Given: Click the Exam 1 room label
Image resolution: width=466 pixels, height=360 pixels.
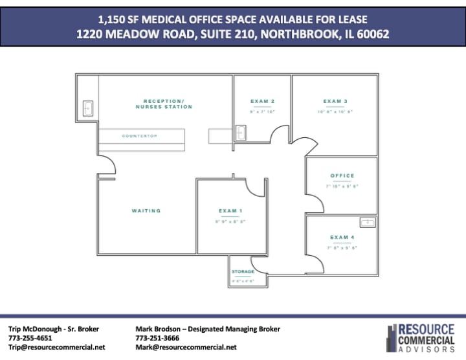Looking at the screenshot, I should point(231,211).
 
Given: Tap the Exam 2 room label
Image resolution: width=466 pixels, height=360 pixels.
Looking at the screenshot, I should point(263,102).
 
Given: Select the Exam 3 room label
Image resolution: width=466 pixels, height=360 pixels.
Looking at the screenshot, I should point(335,102).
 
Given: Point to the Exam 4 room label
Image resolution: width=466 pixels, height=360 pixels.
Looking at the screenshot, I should point(342,238).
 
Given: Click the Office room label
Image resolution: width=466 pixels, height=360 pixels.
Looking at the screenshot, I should point(342,176).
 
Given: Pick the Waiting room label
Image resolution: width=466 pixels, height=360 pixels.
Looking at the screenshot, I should point(146,211).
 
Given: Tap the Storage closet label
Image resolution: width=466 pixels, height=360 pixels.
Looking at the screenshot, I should point(243,272).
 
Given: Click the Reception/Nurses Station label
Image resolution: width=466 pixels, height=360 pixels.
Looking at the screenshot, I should point(164,104).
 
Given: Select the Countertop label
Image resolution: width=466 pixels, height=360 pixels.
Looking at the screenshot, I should point(140,136).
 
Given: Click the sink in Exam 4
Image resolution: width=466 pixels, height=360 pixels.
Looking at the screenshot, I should point(367,222).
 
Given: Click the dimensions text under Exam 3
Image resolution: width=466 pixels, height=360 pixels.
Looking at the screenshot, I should point(335,112).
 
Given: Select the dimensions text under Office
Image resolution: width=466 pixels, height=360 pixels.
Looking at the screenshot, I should point(342,186).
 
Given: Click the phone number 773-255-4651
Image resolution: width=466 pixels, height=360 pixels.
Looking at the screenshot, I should point(30,338).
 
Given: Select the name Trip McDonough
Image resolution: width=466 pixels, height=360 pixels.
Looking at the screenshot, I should point(36,329).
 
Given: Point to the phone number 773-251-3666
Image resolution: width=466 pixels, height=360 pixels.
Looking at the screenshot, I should point(158,338).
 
